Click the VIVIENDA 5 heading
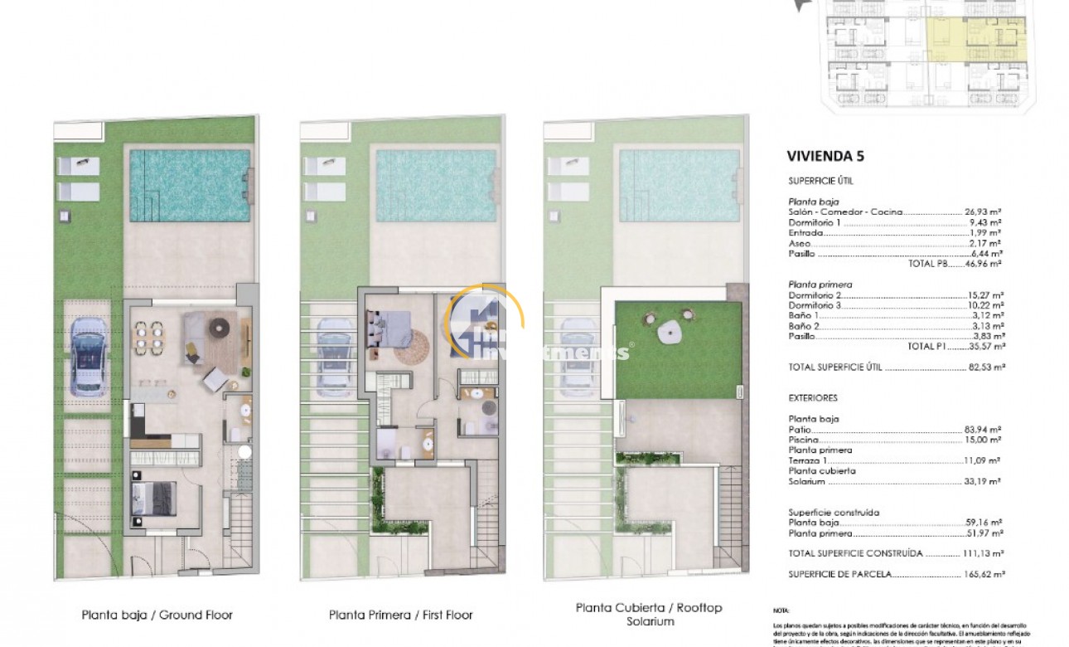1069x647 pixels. (829, 155)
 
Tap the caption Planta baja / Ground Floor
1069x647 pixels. (157, 615)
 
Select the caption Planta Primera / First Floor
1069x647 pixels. (401, 615)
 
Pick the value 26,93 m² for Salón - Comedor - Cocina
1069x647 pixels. (983, 212)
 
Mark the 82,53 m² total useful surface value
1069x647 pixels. (984, 367)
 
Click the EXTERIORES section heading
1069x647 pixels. (813, 398)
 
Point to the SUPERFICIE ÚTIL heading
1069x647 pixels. (820, 180)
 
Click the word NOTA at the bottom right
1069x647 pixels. (781, 610)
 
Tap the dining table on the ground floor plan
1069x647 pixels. (151, 337)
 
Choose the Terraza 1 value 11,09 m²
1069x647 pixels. (983, 460)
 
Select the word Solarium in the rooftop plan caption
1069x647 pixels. (649, 622)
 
